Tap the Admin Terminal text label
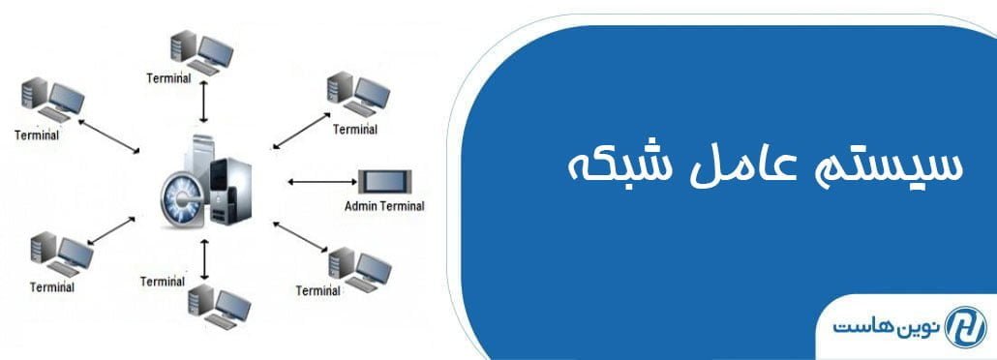384,206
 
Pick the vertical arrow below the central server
204,257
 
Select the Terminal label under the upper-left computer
37,135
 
